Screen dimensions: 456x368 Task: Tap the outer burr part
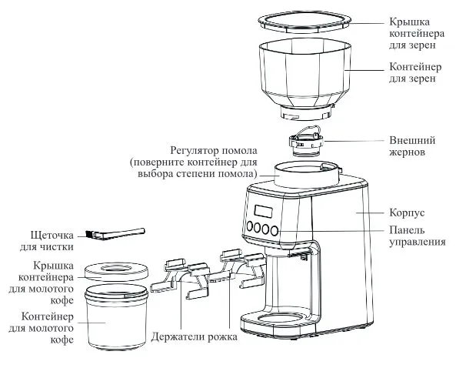point(305,142)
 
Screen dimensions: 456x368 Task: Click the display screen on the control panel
point(264,211)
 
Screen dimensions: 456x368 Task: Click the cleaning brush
point(115,234)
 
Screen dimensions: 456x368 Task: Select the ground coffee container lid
point(116,271)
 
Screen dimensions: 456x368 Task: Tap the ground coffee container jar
point(116,316)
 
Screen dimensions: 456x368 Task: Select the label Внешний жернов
point(412,146)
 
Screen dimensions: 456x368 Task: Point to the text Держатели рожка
point(194,337)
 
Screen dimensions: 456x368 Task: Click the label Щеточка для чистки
point(52,241)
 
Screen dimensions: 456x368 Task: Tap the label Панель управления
point(418,236)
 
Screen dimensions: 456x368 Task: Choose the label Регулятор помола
point(214,151)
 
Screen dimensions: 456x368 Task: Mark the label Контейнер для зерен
point(415,73)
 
